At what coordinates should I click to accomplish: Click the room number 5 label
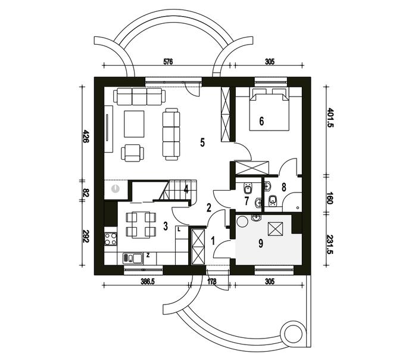click(202, 142)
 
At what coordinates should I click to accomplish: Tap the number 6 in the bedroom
click(261, 121)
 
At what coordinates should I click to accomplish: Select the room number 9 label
click(261, 243)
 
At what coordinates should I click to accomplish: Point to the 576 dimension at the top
click(168, 61)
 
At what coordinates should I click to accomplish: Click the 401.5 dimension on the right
click(330, 117)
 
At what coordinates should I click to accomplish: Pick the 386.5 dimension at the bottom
click(148, 281)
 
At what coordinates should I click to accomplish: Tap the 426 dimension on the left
click(86, 136)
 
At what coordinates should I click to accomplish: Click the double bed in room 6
click(269, 109)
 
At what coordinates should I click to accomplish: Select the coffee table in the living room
click(134, 124)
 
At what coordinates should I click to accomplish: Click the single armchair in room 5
click(132, 153)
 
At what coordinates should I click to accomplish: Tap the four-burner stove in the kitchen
click(111, 239)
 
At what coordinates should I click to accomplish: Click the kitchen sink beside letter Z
click(132, 258)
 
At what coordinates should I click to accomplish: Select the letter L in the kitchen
click(179, 229)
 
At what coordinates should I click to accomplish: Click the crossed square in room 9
click(276, 229)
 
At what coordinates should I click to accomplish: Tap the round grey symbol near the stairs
click(115, 188)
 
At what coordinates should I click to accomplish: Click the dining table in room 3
click(141, 225)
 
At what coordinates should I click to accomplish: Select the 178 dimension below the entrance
click(212, 281)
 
